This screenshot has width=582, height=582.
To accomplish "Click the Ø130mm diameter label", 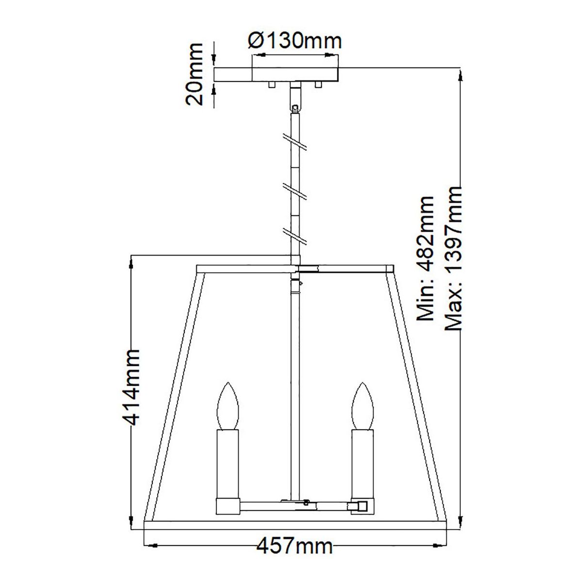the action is [x=294, y=41].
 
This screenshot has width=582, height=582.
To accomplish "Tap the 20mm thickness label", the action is [x=194, y=74].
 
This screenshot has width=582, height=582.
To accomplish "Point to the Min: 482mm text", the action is [x=425, y=258].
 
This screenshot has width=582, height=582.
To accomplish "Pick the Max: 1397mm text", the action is [x=453, y=259].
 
